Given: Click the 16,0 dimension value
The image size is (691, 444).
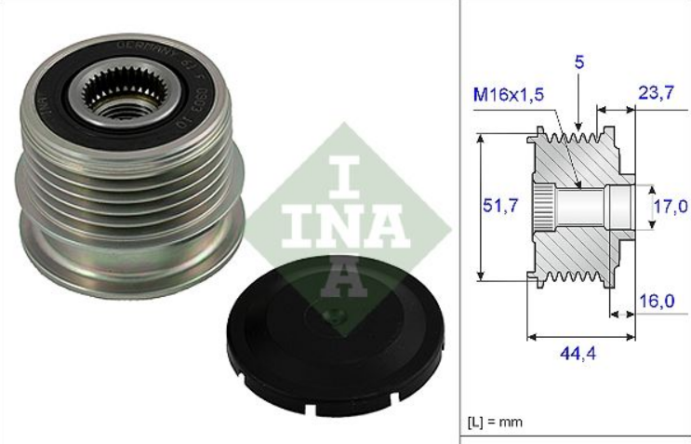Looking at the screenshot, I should click(x=657, y=301).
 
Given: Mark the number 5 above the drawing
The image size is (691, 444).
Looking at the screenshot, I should click(x=578, y=65).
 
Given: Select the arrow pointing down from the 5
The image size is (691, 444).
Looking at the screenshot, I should click(x=578, y=102).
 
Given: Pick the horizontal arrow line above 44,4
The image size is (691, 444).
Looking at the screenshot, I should click(x=581, y=334).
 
